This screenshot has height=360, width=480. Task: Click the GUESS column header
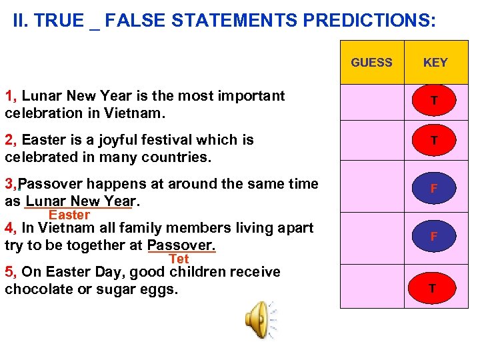pyautogui.click(x=371, y=63)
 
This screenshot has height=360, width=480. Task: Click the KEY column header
pyautogui.click(x=435, y=63)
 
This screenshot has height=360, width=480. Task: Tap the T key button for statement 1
pyautogui.click(x=434, y=101)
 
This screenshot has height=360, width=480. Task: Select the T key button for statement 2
pyautogui.click(x=434, y=141)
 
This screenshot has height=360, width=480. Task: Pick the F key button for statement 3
pyautogui.click(x=434, y=189)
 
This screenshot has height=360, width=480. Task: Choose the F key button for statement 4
pyautogui.click(x=434, y=237)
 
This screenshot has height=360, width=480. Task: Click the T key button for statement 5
pyautogui.click(x=433, y=288)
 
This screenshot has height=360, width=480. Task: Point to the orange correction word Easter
pyautogui.click(x=69, y=215)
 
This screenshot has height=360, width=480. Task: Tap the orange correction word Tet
pyautogui.click(x=179, y=259)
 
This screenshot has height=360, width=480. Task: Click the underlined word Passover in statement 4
pyautogui.click(x=181, y=245)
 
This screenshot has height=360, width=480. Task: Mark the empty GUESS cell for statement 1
pyautogui.click(x=371, y=101)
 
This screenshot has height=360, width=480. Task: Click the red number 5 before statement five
pyautogui.click(x=9, y=272)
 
